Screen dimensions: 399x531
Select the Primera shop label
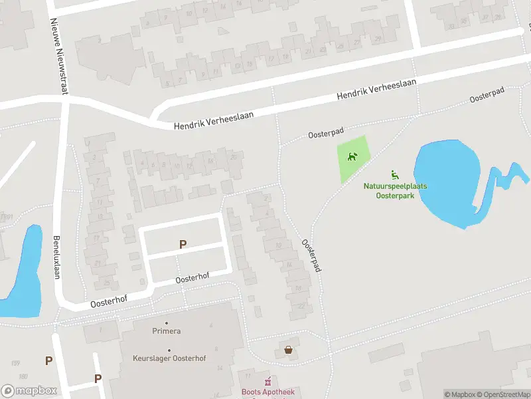[167, 331]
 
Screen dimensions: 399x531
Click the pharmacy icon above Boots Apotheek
[268, 382]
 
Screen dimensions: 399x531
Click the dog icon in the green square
[352, 157]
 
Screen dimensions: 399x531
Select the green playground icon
[395, 175]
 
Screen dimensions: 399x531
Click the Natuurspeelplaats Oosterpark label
[395, 191]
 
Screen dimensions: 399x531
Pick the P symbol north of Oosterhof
[183, 245]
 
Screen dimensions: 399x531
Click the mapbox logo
[29, 390]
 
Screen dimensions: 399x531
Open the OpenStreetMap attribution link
[503, 394]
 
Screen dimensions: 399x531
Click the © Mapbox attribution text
[461, 394]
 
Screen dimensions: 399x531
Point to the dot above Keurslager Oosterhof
[169, 350]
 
